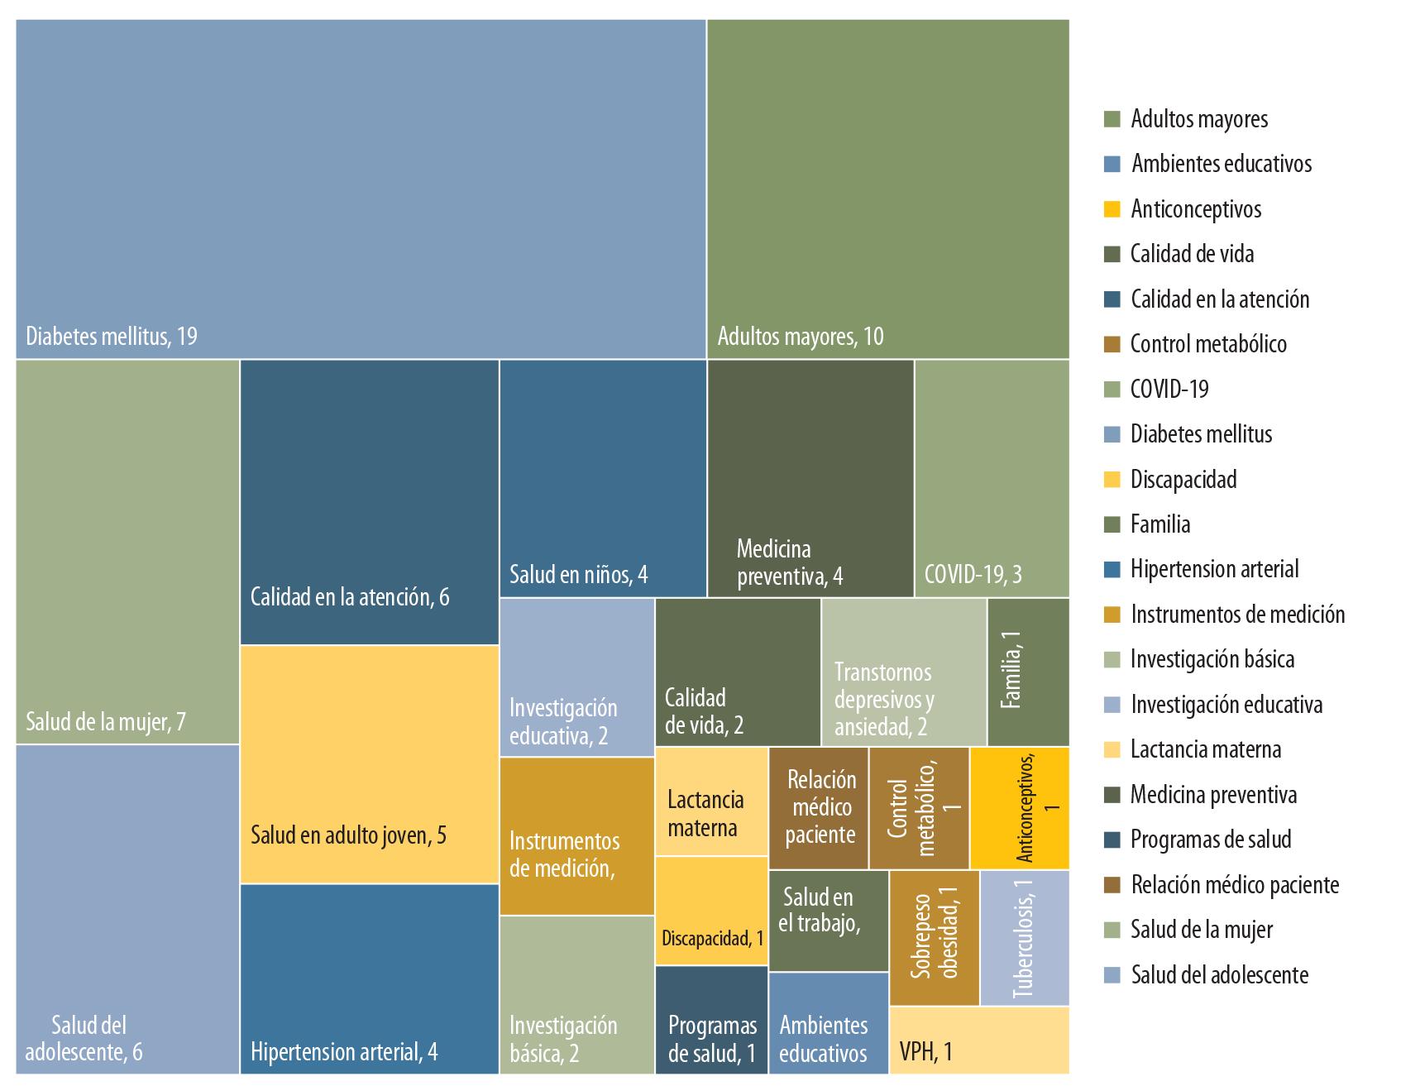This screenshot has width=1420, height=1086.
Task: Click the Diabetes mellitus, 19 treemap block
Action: click(361, 189)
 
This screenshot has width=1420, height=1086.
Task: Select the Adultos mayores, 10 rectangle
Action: click(887, 189)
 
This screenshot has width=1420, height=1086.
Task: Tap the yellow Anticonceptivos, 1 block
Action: click(1020, 808)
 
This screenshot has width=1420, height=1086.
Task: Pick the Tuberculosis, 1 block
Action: click(1024, 938)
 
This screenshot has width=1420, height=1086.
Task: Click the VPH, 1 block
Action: click(979, 1040)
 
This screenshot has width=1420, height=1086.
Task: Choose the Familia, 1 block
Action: click(1028, 672)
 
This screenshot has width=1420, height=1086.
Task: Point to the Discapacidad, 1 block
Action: click(711, 911)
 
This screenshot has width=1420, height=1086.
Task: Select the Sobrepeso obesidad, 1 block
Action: click(935, 938)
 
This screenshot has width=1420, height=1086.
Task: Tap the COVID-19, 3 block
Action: click(992, 478)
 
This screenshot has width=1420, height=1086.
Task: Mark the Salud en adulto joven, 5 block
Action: click(369, 764)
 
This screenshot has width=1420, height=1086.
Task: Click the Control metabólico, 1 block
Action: click(919, 808)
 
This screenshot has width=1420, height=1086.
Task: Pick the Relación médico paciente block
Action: click(819, 808)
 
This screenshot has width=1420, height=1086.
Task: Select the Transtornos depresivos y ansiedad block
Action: click(904, 672)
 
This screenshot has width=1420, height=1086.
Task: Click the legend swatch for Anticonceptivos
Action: click(1112, 209)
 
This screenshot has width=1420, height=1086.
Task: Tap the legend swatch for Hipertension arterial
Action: click(1112, 570)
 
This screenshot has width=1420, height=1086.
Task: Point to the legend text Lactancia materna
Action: click(1206, 749)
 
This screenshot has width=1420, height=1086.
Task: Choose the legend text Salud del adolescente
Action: click(1219, 975)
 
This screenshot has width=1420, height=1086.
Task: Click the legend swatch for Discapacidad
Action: click(1112, 480)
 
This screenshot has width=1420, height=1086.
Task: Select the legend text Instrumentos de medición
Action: click(1237, 615)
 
